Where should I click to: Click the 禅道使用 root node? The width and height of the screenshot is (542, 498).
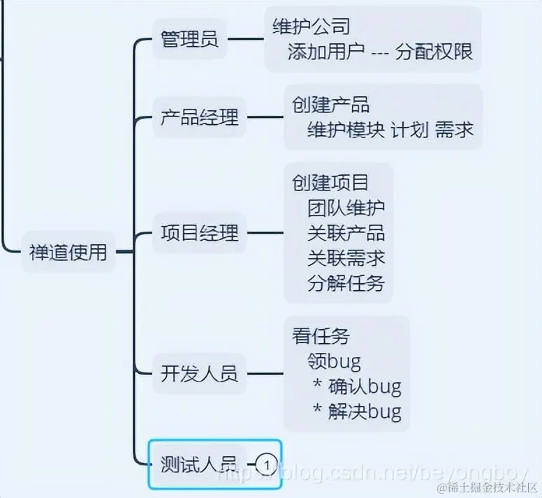(68, 252)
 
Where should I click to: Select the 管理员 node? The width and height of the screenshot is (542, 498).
(189, 39)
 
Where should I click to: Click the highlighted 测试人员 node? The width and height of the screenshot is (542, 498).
(199, 462)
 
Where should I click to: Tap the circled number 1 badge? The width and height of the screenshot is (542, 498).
(266, 462)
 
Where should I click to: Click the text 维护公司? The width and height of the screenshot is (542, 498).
(311, 27)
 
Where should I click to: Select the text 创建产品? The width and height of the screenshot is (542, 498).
(330, 105)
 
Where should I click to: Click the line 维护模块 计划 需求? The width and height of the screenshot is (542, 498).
(390, 130)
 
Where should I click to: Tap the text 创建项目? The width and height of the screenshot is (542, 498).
(330, 182)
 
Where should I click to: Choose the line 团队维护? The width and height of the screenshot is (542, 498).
(346, 207)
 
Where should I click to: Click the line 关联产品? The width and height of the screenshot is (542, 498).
(346, 232)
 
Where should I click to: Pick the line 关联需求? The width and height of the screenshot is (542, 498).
(346, 257)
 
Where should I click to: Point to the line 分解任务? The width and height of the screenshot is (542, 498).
(346, 283)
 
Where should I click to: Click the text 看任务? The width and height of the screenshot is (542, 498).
(321, 335)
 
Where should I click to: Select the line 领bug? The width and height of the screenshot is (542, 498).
(334, 361)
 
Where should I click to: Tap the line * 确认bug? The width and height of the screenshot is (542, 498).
(356, 386)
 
